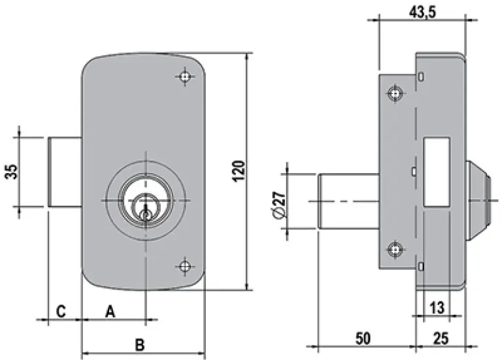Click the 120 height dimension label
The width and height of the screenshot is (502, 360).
(239, 171)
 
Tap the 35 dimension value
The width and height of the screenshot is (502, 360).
(12, 172)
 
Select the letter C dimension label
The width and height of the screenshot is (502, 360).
(61, 311)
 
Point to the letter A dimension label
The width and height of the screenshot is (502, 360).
(110, 311)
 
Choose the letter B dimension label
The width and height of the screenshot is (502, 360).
(140, 345)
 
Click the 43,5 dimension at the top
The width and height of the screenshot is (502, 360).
(422, 12)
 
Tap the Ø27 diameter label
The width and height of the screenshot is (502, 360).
(279, 205)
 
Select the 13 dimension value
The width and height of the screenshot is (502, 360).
(437, 308)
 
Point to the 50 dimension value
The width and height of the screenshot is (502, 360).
(363, 338)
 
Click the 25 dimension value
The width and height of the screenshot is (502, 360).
(441, 338)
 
